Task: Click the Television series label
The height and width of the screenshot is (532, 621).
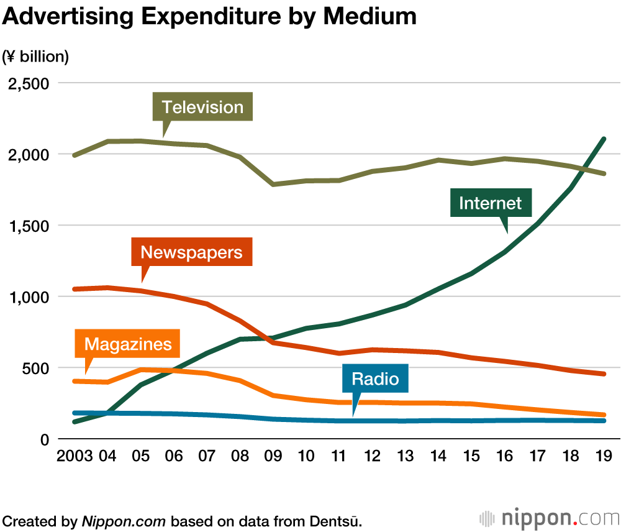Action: (x=202, y=107)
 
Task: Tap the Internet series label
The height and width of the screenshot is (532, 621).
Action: (x=490, y=203)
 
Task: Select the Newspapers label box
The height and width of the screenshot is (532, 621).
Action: (x=191, y=252)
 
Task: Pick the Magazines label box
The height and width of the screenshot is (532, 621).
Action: (x=127, y=344)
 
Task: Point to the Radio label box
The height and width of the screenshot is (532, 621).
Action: (x=374, y=378)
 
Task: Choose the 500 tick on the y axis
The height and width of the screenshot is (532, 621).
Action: (x=36, y=368)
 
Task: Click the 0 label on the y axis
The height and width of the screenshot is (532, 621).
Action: (x=44, y=439)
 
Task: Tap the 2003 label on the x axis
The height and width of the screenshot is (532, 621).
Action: (x=75, y=457)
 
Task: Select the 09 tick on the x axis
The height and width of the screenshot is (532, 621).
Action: (x=273, y=457)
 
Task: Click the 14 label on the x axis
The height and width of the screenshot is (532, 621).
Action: (x=438, y=457)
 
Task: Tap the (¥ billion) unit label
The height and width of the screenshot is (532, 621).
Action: (x=35, y=57)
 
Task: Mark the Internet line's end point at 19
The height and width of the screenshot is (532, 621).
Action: (x=604, y=139)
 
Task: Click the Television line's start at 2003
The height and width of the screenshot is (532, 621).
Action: (x=75, y=155)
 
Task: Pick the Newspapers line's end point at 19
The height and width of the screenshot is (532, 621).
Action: (x=604, y=374)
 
